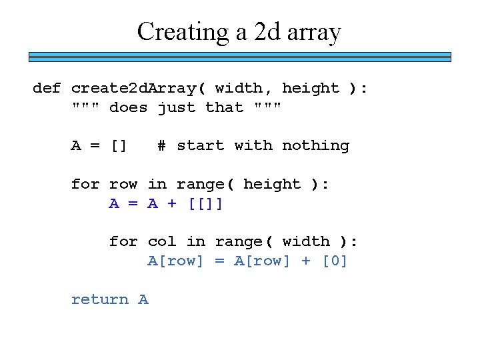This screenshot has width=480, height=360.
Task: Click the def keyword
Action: pyautogui.click(x=47, y=88)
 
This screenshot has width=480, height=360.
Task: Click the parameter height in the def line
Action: pyautogui.click(x=311, y=88)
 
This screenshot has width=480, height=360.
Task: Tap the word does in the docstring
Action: pyautogui.click(x=128, y=107)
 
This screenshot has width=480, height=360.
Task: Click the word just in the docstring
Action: pyautogui.click(x=176, y=107)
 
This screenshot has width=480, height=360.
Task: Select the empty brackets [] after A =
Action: pyautogui.click(x=119, y=145)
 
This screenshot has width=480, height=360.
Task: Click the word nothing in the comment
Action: pyautogui.click(x=315, y=145)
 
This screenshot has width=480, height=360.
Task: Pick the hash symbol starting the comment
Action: pyautogui.click(x=162, y=145)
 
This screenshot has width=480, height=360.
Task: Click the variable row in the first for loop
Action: pyautogui.click(x=123, y=184)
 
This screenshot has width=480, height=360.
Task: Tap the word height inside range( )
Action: pyautogui.click(x=272, y=184)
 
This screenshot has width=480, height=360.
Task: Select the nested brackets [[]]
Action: pyautogui.click(x=205, y=203)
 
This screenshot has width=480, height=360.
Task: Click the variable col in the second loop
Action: pyautogui.click(x=162, y=241)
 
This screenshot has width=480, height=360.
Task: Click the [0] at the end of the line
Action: pyautogui.click(x=335, y=261)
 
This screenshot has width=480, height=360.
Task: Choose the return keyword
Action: pyautogui.click(x=99, y=299)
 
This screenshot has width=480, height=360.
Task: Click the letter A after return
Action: pyautogui.click(x=143, y=299)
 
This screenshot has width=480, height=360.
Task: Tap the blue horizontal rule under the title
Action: pyautogui.click(x=240, y=57)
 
